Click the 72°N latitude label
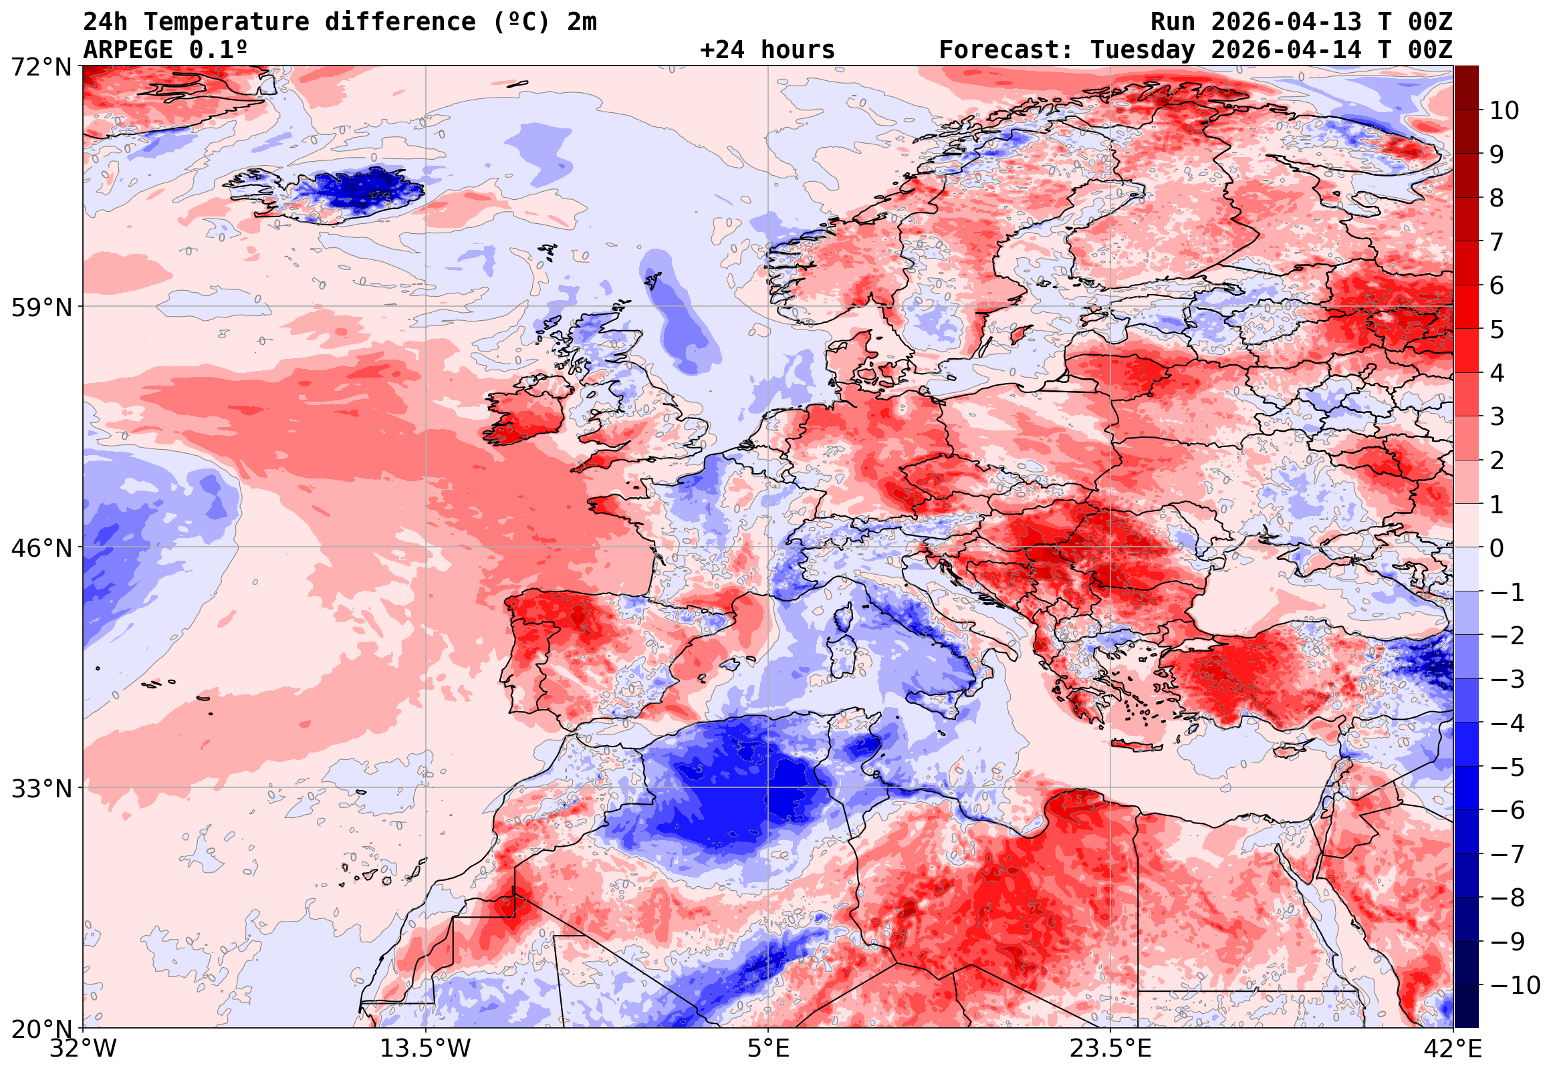click(x=41, y=68)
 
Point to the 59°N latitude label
click(x=41, y=307)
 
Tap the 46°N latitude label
click(x=41, y=548)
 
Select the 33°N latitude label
click(x=41, y=789)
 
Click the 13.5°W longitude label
click(x=425, y=1049)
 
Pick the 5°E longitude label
click(x=767, y=1049)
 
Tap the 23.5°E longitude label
click(x=1110, y=1049)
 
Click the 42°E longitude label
click(x=1453, y=1049)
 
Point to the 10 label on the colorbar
click(x=1504, y=111)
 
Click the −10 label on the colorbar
click(x=1515, y=985)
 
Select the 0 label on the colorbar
click(x=1497, y=548)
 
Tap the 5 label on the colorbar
click(x=1497, y=329)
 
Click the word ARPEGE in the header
click(x=128, y=49)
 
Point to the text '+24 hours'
click(x=767, y=49)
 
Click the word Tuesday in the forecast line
click(x=1143, y=49)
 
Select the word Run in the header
click(x=1173, y=22)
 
